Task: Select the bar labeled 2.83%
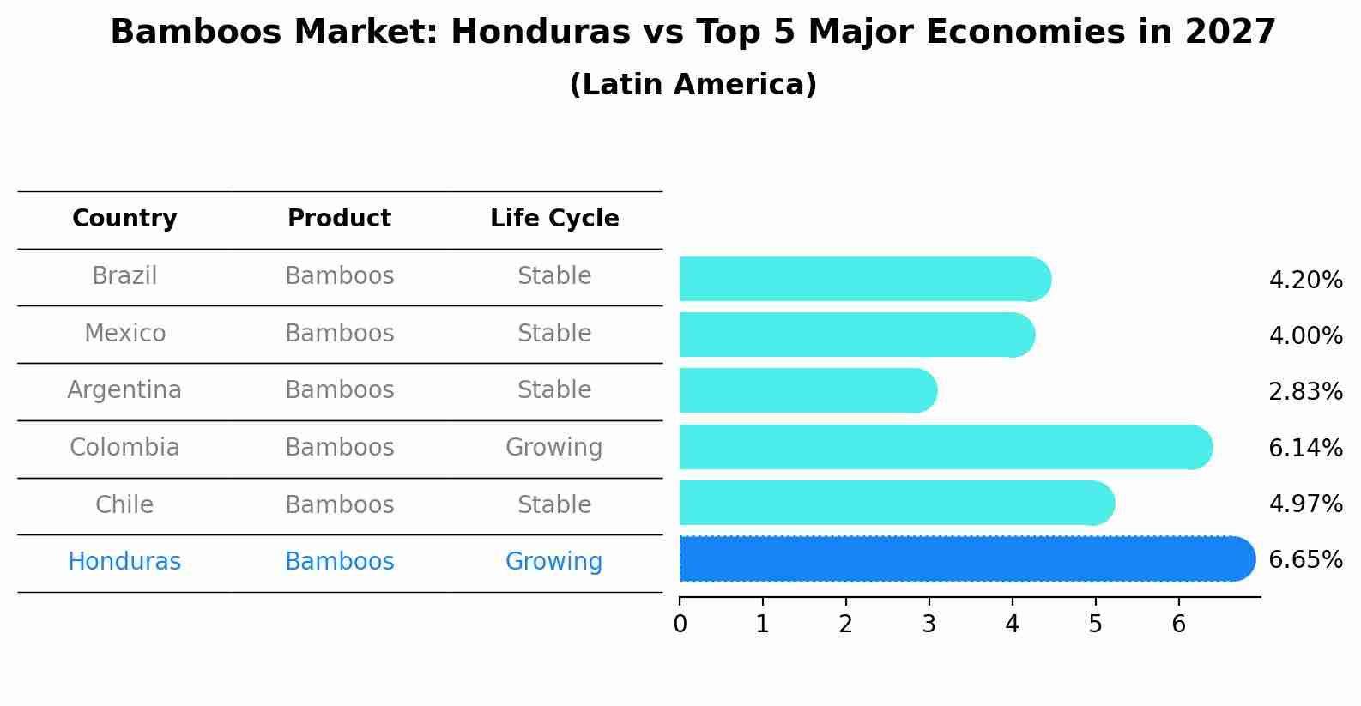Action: coord(807,391)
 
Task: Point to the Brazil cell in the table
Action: coord(124,276)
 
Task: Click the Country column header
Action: coord(124,219)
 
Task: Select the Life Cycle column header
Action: coord(554,219)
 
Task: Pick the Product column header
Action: coord(339,219)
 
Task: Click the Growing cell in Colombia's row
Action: coord(553,448)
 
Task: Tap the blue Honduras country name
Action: coord(124,562)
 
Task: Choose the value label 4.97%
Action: coord(1305,504)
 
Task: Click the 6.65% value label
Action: coord(1305,560)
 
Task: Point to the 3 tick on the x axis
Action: coord(929,625)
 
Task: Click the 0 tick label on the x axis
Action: coord(680,625)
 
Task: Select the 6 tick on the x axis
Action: coord(1178,625)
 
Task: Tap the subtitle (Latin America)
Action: coord(693,85)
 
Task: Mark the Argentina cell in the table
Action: coord(124,390)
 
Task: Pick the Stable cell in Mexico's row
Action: coord(554,334)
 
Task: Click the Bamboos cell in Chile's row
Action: coord(339,505)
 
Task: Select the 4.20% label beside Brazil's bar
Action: coord(1305,281)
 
